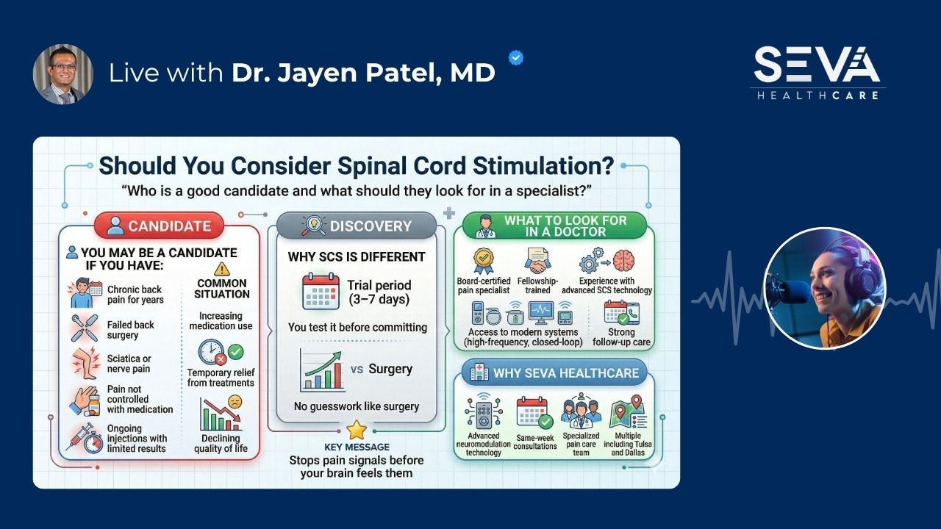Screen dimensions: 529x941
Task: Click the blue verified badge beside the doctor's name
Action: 517,58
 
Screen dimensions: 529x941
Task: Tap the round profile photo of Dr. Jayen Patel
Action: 63,74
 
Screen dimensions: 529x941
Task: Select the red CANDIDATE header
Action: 158,226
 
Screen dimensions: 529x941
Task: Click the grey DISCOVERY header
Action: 357,226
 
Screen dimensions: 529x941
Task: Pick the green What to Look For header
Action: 554,226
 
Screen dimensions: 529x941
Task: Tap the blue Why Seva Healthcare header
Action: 554,373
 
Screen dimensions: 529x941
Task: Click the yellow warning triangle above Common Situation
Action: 222,269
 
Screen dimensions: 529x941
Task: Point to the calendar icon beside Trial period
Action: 321,291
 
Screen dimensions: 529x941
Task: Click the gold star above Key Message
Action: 357,430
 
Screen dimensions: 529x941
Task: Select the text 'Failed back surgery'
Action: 131,330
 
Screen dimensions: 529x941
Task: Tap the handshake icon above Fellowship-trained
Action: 538,262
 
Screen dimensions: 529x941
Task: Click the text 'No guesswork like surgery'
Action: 357,406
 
